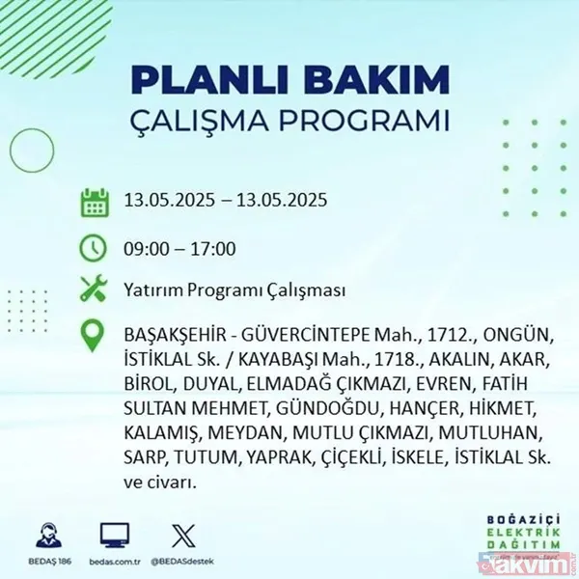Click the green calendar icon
(94, 204)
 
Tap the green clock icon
(94, 248)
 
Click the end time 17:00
(213, 249)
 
